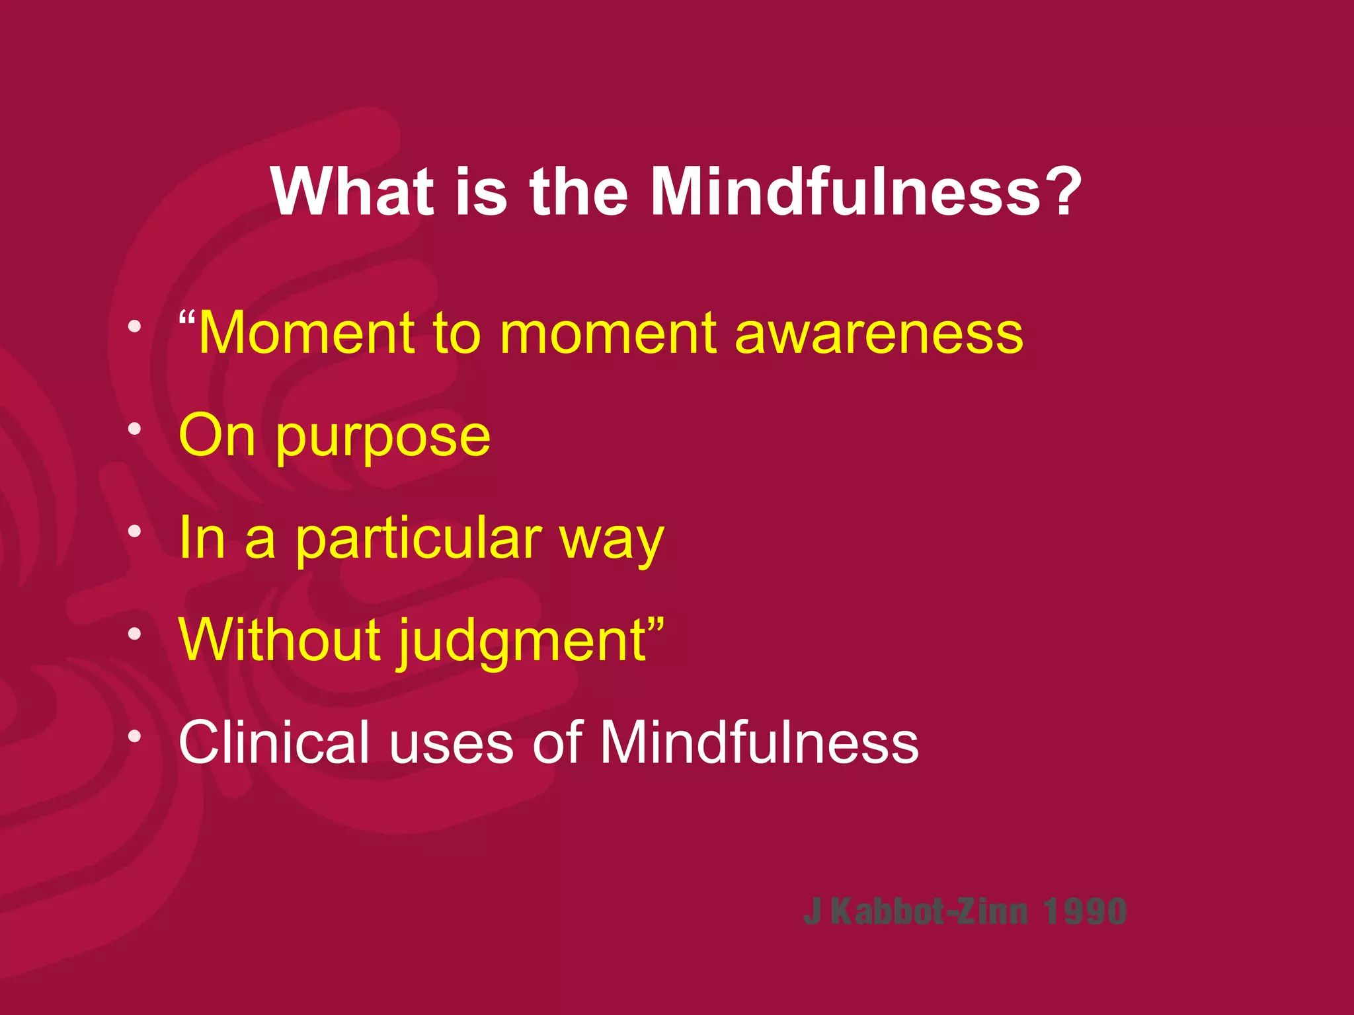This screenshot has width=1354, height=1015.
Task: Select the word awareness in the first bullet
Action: coord(879,334)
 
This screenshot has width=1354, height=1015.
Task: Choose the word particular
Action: coord(418,539)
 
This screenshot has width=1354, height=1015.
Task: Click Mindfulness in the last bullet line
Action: coord(759,743)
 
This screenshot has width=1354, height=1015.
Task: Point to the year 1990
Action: coord(1085,913)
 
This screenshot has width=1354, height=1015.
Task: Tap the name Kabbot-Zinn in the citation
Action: coord(930,913)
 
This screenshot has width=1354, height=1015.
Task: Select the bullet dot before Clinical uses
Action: coord(135,736)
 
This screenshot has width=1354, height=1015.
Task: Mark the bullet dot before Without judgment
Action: coord(135,634)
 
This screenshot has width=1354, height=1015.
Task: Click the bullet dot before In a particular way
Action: coord(135,531)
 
